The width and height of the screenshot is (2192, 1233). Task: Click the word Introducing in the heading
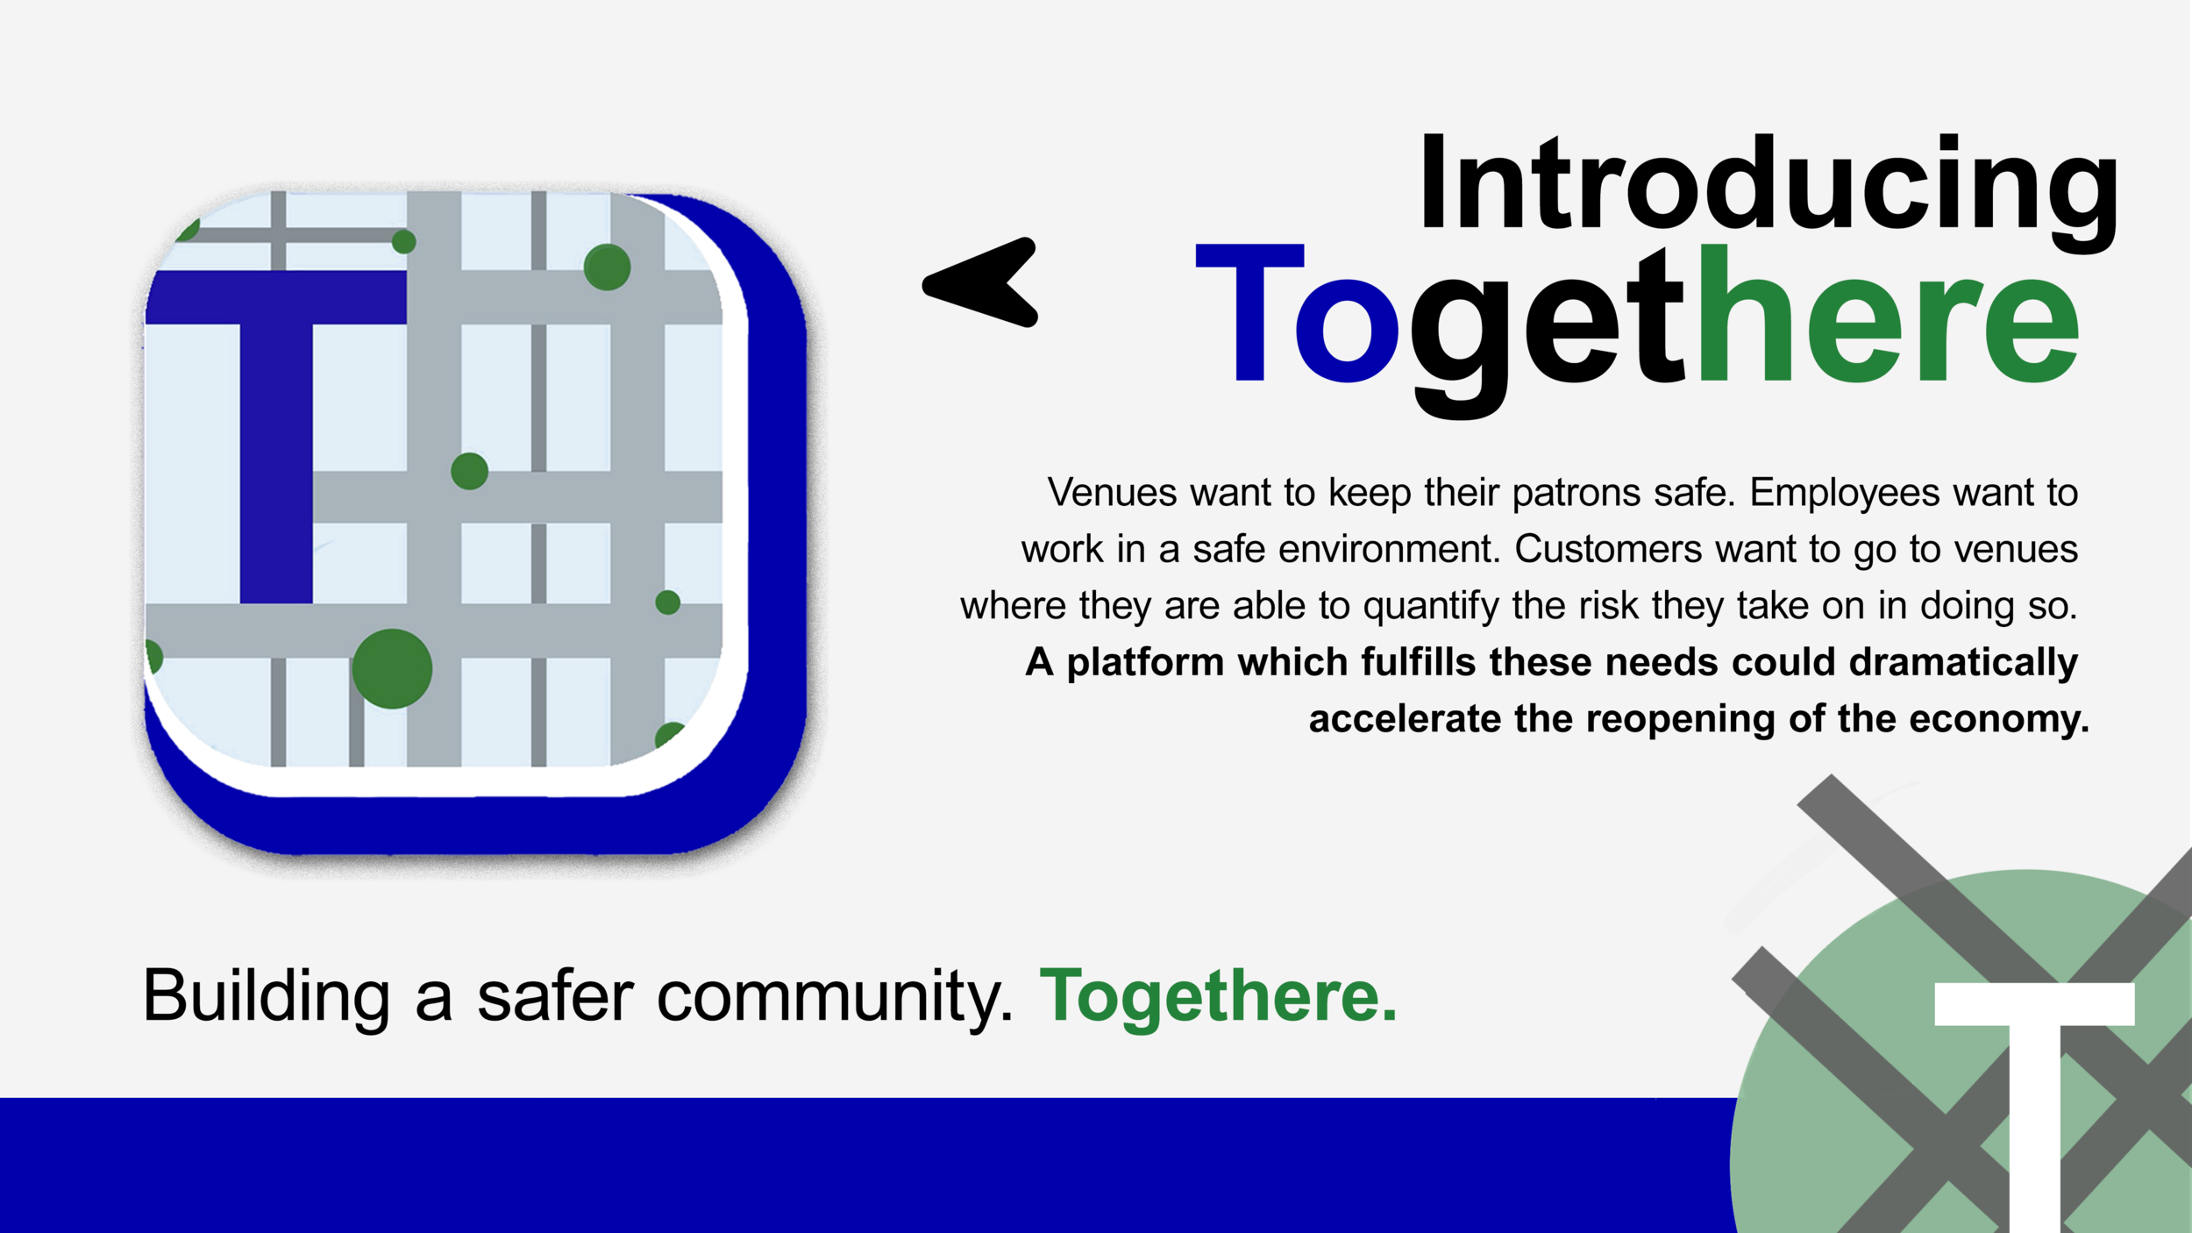[x=1768, y=186]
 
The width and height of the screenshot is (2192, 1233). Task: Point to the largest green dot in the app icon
[x=392, y=668]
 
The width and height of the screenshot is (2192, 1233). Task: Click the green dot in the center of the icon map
[x=469, y=471]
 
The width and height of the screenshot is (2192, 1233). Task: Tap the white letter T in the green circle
[x=2034, y=1096]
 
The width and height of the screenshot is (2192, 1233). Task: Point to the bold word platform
[x=1145, y=662]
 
